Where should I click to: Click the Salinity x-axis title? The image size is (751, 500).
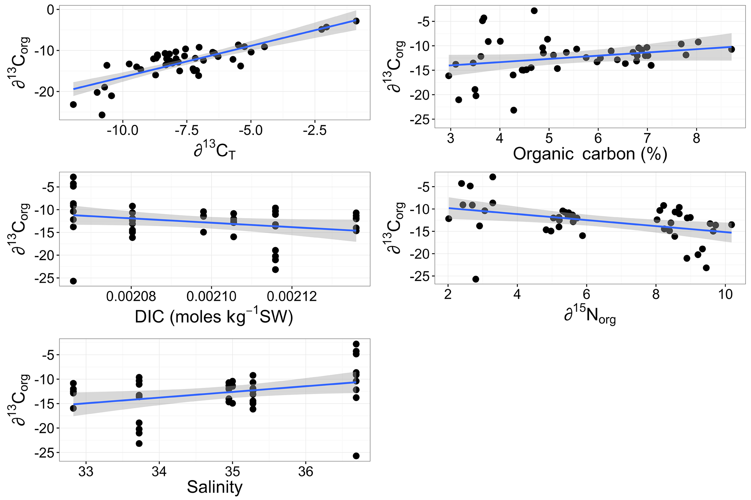[x=214, y=487]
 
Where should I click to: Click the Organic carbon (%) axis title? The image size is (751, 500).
[x=590, y=154]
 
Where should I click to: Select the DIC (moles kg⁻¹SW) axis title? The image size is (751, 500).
[x=214, y=317]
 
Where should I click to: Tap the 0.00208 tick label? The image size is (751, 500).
[x=131, y=296]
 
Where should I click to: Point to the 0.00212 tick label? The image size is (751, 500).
[x=292, y=296]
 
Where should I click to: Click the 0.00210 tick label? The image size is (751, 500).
[x=211, y=296]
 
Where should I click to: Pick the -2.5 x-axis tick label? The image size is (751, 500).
[x=315, y=130]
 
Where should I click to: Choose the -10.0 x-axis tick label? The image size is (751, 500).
[x=123, y=130]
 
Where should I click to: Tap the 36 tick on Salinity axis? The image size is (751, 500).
[x=306, y=472]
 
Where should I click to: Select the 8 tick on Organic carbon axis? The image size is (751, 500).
[x=696, y=139]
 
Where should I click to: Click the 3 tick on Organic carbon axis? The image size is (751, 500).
[x=451, y=139]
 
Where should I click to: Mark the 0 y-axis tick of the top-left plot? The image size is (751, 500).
[x=50, y=10]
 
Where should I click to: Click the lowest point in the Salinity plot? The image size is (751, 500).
[x=356, y=456]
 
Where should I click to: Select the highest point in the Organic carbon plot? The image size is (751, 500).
[x=534, y=11]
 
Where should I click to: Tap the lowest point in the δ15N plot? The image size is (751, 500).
[x=476, y=279]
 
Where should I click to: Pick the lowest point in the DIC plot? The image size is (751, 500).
[x=73, y=281]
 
